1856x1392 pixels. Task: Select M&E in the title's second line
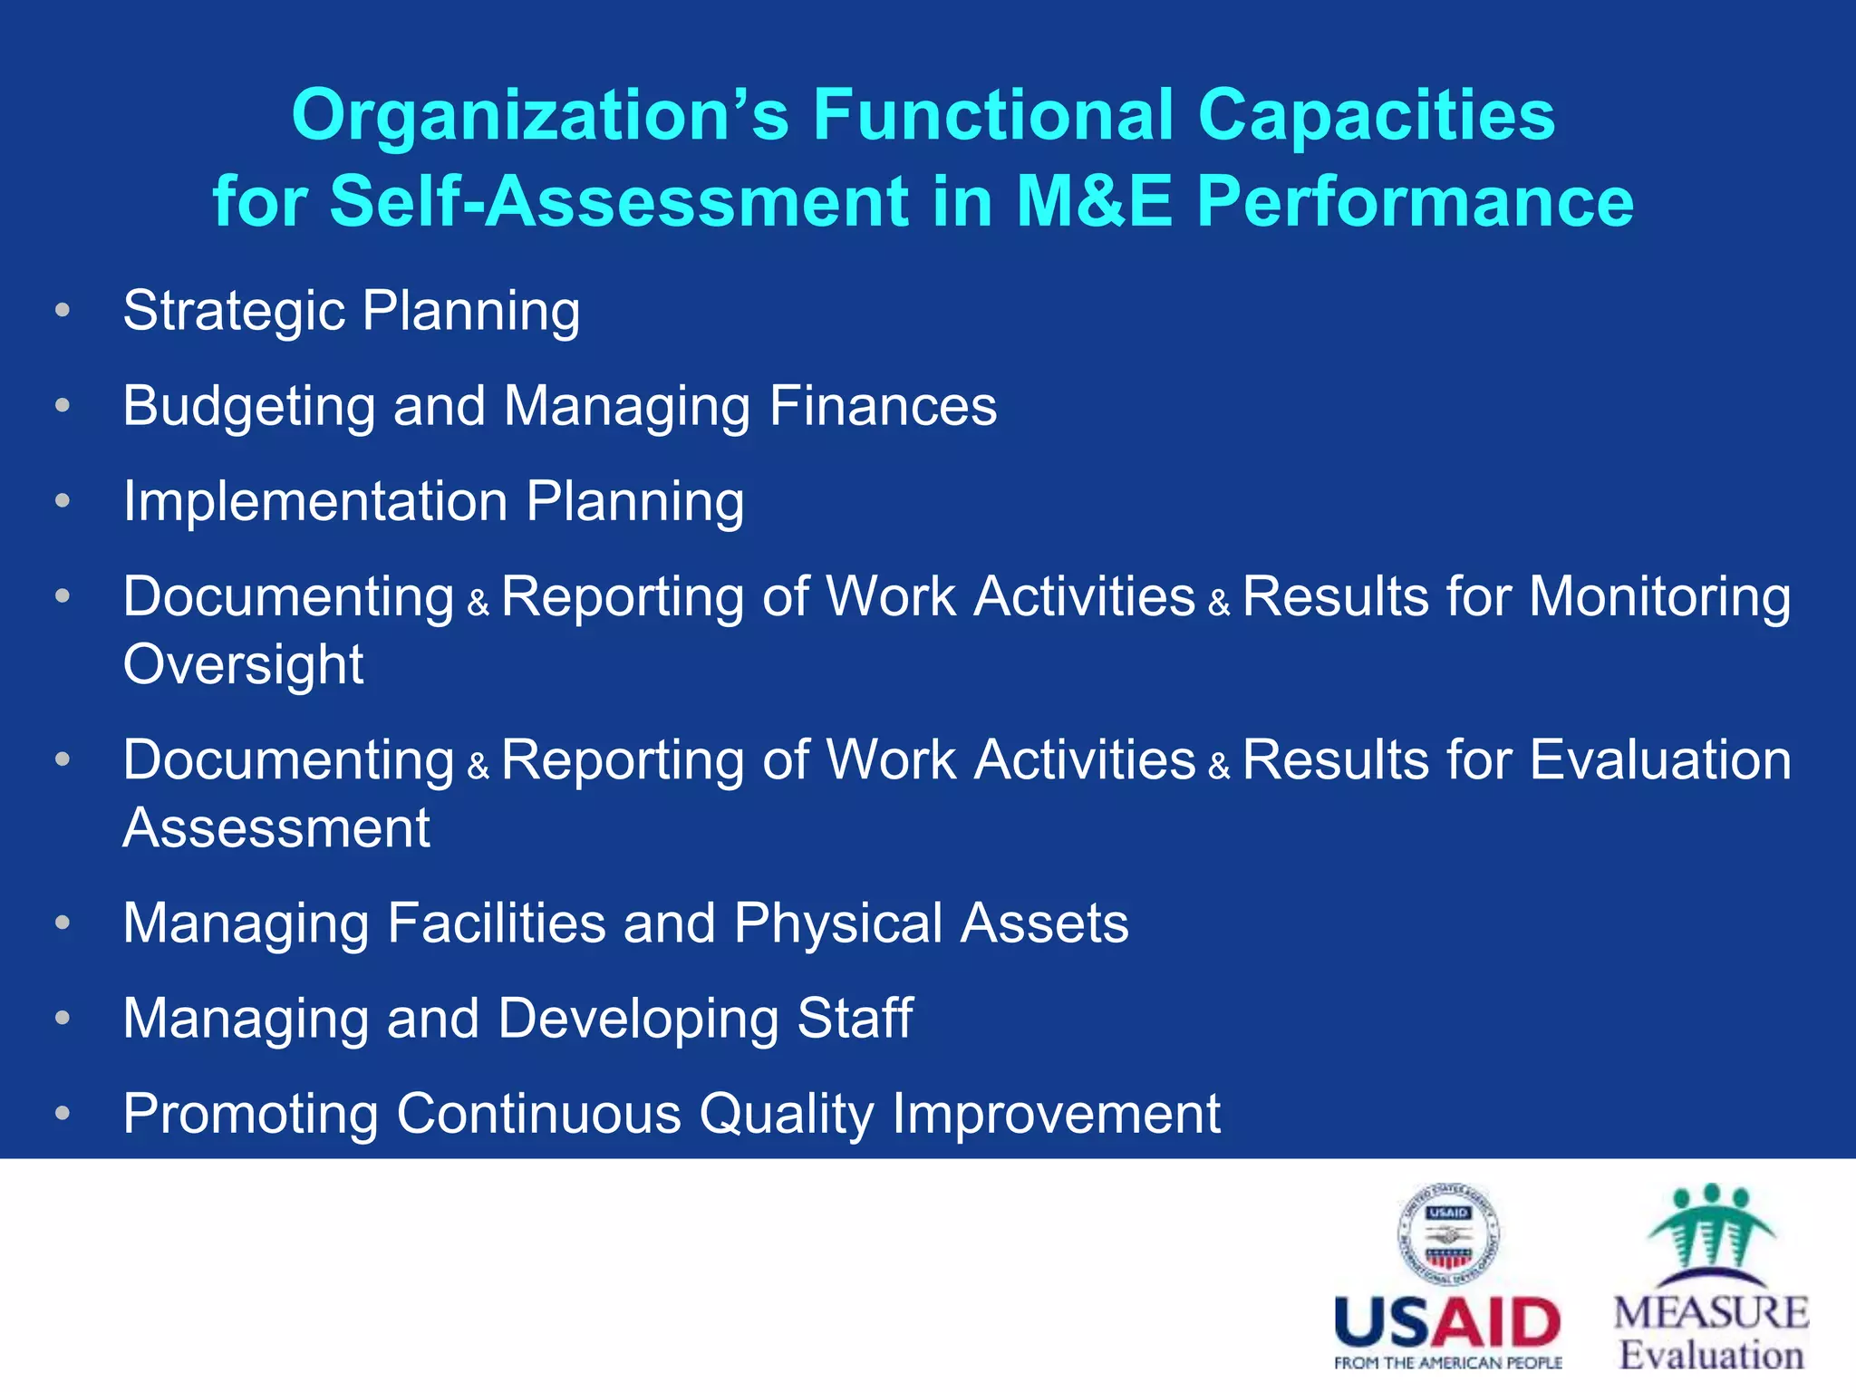pyautogui.click(x=1095, y=200)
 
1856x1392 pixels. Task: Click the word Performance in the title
pyautogui.click(x=1415, y=200)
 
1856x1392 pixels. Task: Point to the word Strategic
pyautogui.click(x=234, y=312)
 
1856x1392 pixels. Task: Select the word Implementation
pyautogui.click(x=315, y=501)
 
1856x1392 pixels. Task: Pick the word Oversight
pyautogui.click(x=243, y=664)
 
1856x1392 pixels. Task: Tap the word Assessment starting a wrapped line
pyautogui.click(x=276, y=827)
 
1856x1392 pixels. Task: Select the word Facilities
pyautogui.click(x=496, y=923)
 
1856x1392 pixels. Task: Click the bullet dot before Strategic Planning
pyautogui.click(x=62, y=311)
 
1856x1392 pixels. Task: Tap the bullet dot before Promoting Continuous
pyautogui.click(x=62, y=1113)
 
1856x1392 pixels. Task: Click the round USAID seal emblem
pyautogui.click(x=1447, y=1233)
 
